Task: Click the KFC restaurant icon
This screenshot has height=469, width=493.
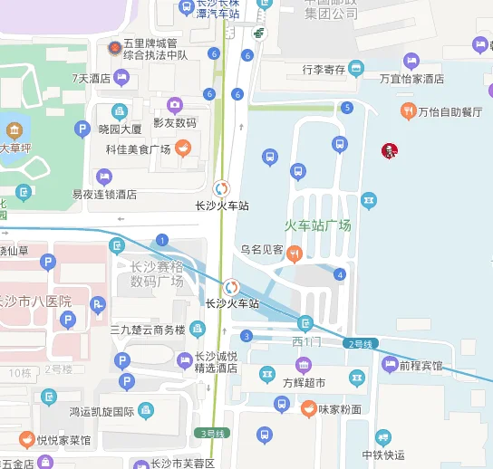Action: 390,150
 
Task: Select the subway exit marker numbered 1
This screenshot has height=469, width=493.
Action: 162,240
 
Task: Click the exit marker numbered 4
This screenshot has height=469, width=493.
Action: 340,274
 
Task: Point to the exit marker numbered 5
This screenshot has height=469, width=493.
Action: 347,108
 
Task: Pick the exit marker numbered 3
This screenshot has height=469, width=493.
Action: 246,336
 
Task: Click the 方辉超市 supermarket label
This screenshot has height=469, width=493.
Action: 303,382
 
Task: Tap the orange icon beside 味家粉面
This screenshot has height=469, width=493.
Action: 308,408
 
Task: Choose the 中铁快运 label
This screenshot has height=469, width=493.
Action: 383,455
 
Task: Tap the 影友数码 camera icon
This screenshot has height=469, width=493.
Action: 175,105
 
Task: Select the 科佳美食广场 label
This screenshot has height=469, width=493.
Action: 138,149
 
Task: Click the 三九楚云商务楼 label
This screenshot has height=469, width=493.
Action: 148,330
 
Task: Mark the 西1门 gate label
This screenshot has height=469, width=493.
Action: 306,341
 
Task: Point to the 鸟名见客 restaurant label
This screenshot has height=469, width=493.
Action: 262,249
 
